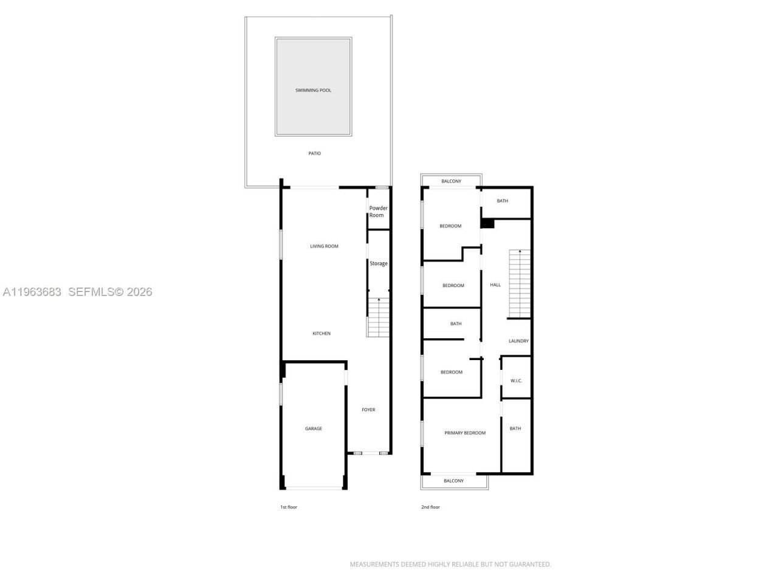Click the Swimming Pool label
(x=313, y=91)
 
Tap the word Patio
(x=314, y=153)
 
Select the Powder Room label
(x=378, y=212)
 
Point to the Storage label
(x=379, y=263)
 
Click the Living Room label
(x=324, y=246)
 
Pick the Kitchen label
(x=322, y=333)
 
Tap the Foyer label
(x=368, y=410)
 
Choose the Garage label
(x=314, y=429)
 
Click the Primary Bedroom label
(x=465, y=433)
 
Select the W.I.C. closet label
(x=516, y=381)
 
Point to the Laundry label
(x=518, y=341)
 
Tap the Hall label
(x=495, y=285)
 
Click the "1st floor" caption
(x=289, y=507)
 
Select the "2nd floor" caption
(x=430, y=507)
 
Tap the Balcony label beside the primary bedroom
(x=453, y=481)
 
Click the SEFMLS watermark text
(x=109, y=292)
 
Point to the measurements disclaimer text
(x=450, y=565)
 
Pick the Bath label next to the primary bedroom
(x=515, y=429)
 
